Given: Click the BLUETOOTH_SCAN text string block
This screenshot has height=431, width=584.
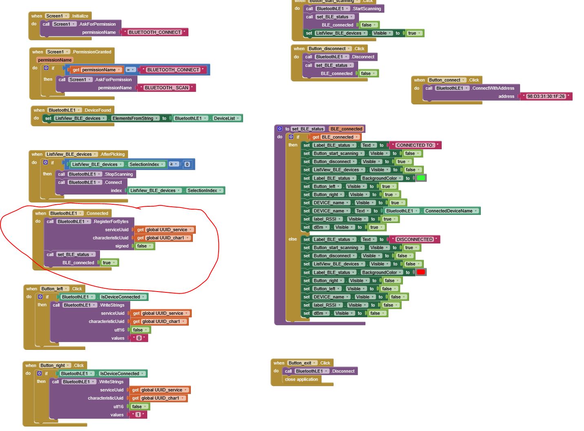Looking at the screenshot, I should coord(166,88).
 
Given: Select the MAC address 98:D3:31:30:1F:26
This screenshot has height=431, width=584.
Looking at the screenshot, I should coord(546,97).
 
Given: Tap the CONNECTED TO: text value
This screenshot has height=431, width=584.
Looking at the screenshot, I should coord(415,145).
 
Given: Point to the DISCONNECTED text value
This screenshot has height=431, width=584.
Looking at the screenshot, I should coord(414,239).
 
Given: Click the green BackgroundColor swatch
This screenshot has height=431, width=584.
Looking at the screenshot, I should coord(421,178).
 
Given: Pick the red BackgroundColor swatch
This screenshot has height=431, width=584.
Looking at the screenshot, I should coord(421,272).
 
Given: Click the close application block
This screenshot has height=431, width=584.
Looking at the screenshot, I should coord(301,380).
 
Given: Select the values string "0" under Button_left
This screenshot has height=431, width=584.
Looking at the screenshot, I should coord(139,338).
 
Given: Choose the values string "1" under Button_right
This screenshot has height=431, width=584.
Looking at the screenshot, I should coord(138,415).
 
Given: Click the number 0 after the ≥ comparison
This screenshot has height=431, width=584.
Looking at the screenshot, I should coord(187,164).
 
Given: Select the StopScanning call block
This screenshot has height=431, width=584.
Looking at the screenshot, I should coord(118,174).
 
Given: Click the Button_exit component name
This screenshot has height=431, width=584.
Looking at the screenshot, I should coord(300,363).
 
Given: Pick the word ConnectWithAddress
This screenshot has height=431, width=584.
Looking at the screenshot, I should coord(493,88).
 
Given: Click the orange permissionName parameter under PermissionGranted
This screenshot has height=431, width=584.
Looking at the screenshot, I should coord(55,60).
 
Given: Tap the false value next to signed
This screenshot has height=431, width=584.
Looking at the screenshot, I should coord(142,246).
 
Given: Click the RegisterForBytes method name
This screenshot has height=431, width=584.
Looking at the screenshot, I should coord(111,221).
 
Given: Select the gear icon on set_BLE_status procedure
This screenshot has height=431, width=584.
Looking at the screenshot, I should coord(280,129).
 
